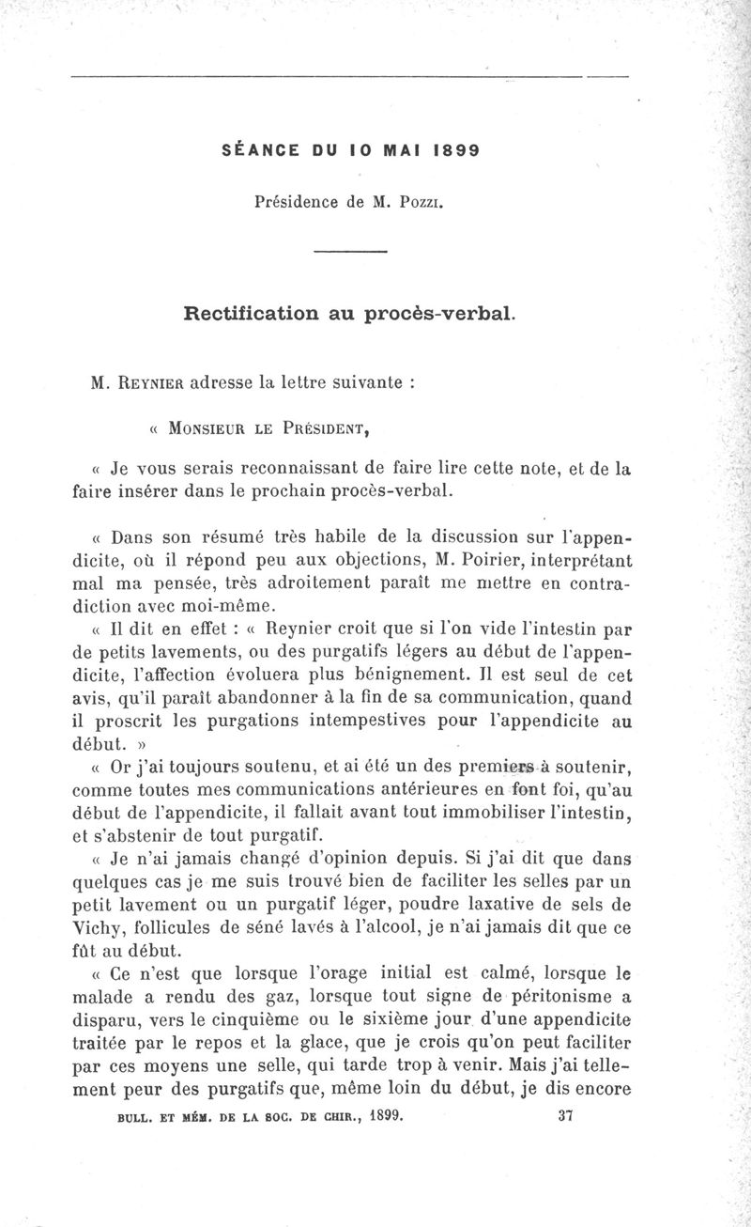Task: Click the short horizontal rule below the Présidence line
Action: pyautogui.click(x=349, y=251)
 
